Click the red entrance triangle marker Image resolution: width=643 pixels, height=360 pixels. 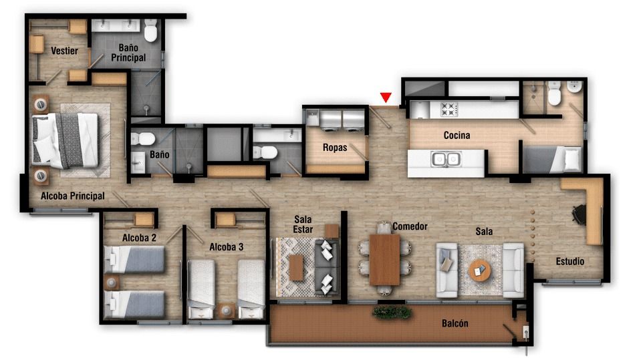point(386,98)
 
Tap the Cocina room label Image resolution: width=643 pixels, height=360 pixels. point(457,136)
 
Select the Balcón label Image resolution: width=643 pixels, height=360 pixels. point(455,324)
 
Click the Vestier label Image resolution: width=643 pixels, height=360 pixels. point(64,51)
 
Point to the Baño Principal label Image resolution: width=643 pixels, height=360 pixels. point(128,53)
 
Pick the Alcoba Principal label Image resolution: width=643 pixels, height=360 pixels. point(72,196)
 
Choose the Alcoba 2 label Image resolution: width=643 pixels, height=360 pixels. point(139,238)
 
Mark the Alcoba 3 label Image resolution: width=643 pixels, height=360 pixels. point(226,247)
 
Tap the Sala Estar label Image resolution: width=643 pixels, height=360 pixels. point(303,224)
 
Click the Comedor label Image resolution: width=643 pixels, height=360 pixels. point(410,226)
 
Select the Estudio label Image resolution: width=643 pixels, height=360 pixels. point(569,261)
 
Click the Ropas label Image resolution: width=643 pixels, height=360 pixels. point(335,148)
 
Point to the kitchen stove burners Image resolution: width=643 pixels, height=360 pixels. point(446,108)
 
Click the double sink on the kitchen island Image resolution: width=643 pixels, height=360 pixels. point(445,160)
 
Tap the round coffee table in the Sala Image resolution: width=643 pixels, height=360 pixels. point(479,270)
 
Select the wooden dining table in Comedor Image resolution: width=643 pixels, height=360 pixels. point(384,259)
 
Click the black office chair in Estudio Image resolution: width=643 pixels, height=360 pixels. point(579,214)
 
